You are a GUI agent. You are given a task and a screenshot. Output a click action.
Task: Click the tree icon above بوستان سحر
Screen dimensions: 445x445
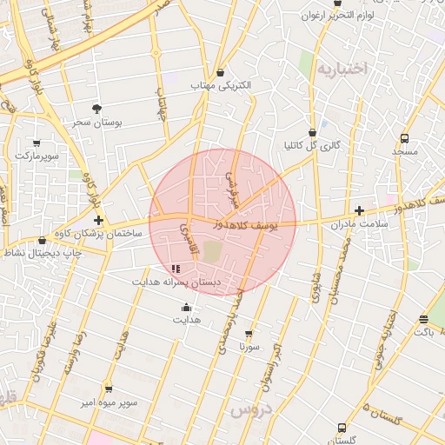[96, 109]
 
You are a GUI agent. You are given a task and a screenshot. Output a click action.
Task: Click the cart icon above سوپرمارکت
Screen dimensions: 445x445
[37, 143]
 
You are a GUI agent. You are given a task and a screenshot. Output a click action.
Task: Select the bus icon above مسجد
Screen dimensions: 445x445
[405, 138]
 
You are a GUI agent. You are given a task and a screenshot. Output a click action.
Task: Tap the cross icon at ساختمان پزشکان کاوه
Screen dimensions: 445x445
[99, 221]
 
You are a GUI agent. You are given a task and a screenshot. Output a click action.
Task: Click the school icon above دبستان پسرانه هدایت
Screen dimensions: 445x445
[178, 269]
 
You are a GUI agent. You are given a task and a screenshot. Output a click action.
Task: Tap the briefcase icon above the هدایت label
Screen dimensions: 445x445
[185, 307]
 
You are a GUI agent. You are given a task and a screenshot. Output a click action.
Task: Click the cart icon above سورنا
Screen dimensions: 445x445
[249, 334]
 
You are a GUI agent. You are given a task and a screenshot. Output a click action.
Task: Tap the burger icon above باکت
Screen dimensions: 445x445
[423, 319]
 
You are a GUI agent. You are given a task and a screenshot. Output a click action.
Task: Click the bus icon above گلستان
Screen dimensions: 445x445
[342, 428]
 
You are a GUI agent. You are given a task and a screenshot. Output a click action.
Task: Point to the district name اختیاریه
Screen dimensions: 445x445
[342, 68]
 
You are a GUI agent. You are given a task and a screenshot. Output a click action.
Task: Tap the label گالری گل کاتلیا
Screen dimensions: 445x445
[310, 145]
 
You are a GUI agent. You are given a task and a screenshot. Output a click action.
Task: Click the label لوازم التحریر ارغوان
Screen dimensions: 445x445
[338, 16]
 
